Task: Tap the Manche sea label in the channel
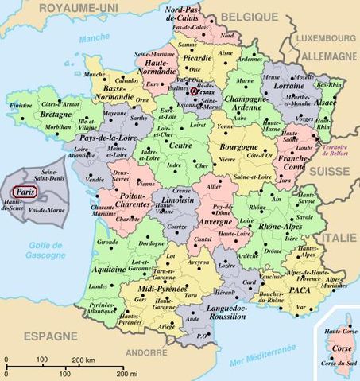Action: point(95,37)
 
